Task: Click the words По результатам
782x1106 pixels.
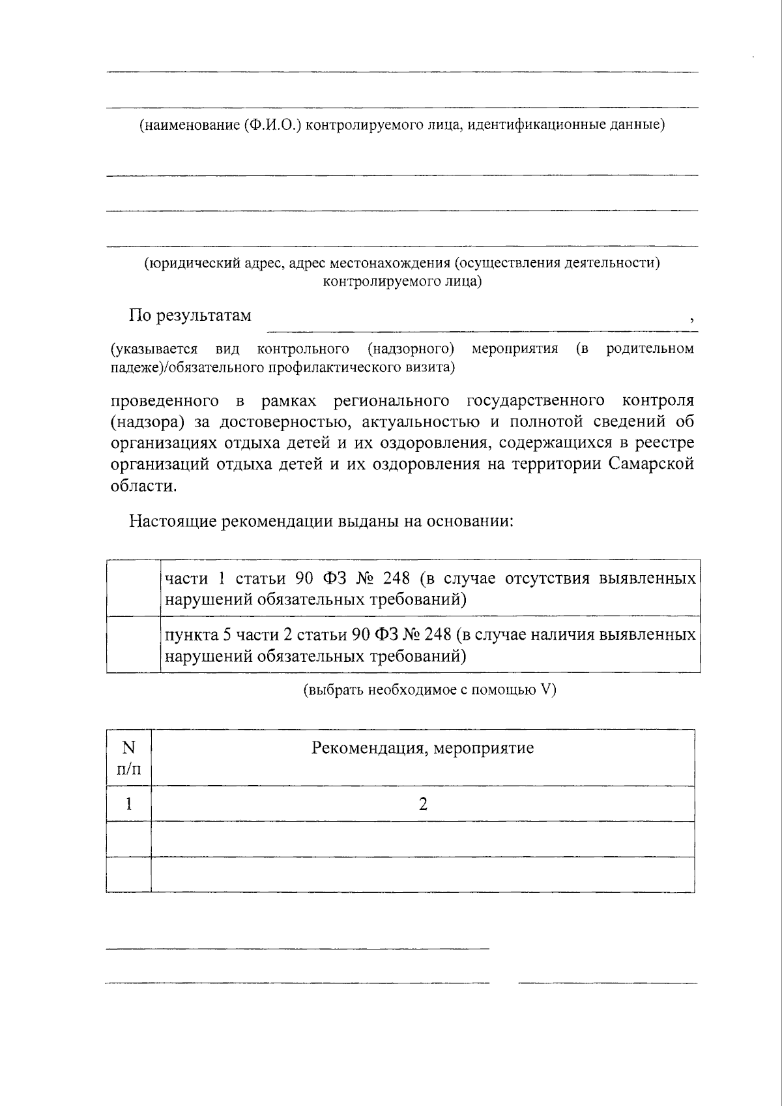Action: (190, 316)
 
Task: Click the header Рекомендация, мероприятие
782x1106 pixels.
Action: (422, 748)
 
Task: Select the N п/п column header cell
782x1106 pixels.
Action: (129, 758)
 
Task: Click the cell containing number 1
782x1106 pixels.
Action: (129, 804)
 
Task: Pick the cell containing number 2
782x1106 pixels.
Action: (422, 804)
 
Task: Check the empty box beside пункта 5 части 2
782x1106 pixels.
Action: (134, 644)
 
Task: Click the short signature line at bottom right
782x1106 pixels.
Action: (607, 982)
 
